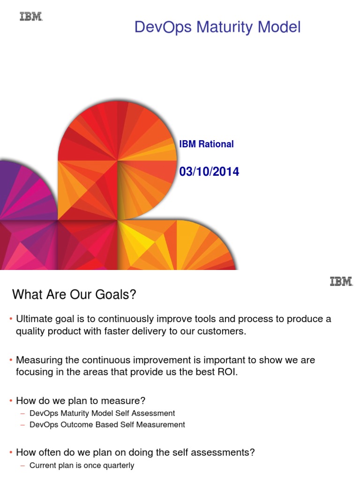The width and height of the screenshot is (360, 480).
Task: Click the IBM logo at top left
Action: click(31, 17)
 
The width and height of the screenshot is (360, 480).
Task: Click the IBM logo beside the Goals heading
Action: click(341, 281)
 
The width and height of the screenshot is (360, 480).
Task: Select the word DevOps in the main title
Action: click(163, 27)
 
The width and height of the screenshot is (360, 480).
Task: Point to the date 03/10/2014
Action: click(209, 172)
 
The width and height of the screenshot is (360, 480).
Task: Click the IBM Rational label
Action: click(206, 144)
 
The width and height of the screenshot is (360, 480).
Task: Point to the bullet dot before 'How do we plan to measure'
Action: click(11, 401)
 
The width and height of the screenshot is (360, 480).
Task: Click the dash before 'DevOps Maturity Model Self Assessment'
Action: click(23, 413)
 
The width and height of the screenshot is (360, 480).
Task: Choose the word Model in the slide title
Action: click(279, 27)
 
